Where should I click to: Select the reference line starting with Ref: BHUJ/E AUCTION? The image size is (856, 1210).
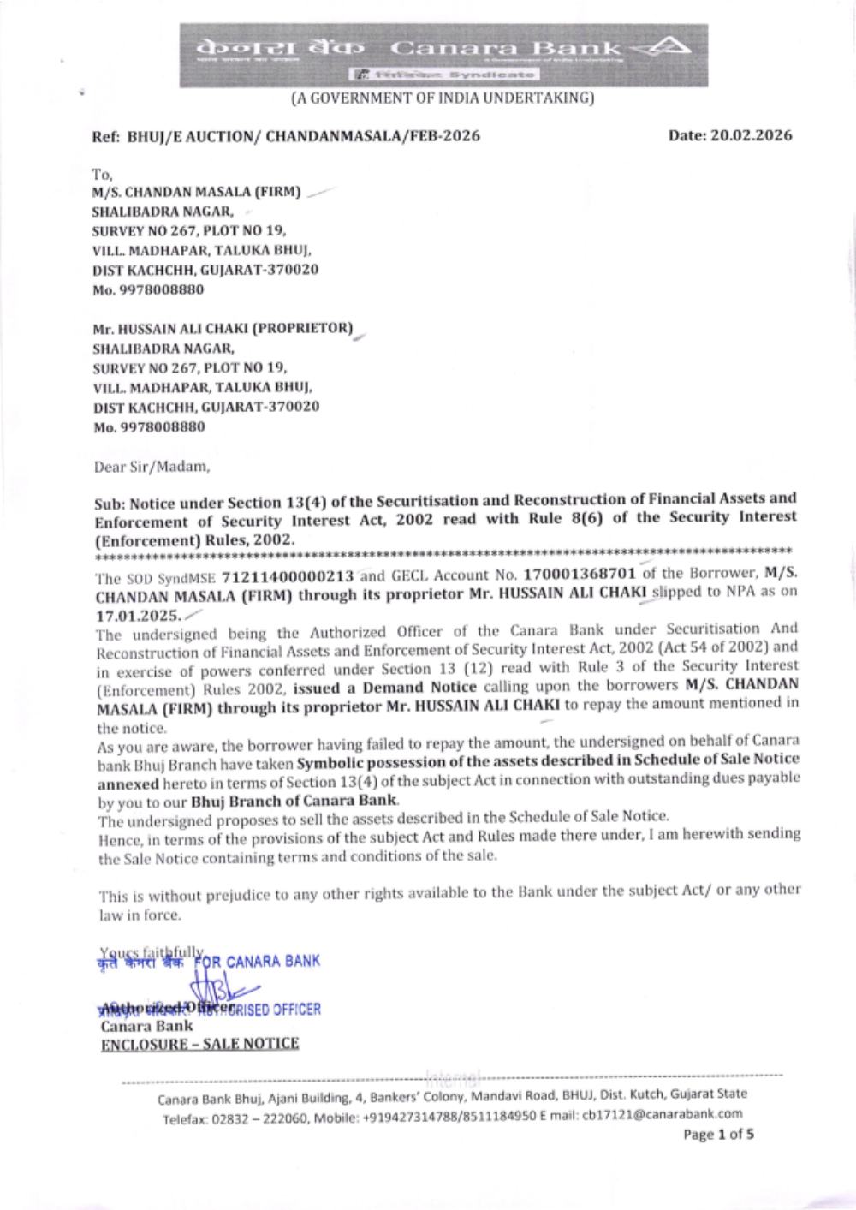286,136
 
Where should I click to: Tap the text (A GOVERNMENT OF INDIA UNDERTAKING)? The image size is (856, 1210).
443,98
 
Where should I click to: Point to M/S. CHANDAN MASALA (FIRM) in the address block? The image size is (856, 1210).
196,192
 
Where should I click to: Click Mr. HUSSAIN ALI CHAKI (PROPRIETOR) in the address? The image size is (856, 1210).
223,328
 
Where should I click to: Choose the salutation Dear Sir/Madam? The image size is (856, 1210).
152,467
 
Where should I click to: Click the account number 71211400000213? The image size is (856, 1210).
288,576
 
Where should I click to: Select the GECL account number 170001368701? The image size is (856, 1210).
580,574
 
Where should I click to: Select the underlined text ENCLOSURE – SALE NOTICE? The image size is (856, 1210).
200,1044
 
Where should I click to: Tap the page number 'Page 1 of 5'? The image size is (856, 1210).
718,1135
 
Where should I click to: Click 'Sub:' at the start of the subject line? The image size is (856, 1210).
110,504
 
